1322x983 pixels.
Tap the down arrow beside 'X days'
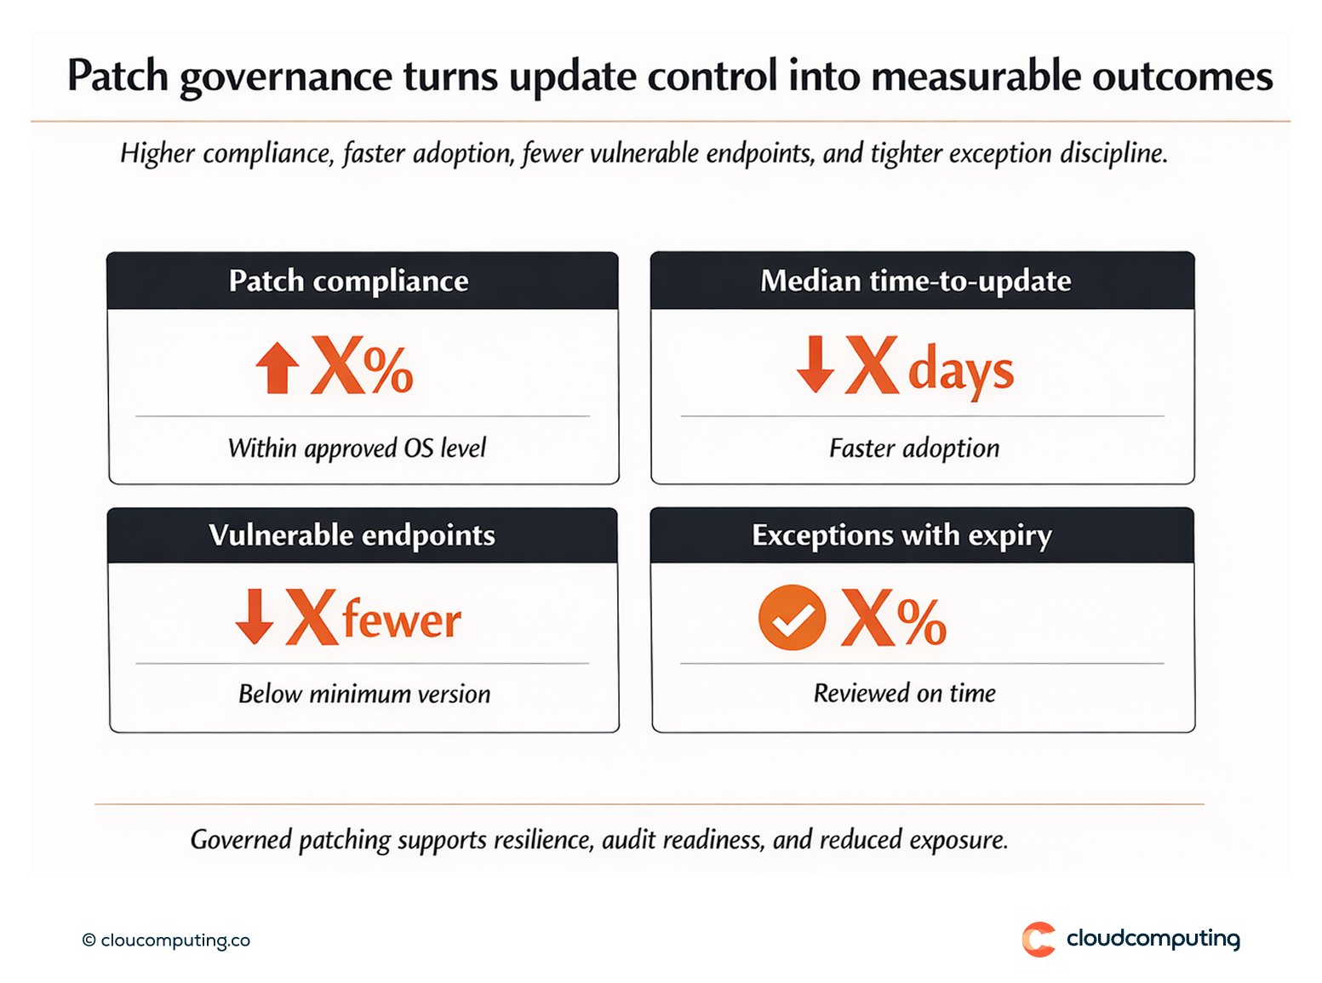point(815,364)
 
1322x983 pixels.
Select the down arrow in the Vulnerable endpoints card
point(254,616)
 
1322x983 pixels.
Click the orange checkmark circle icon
point(792,617)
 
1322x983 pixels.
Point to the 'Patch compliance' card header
point(348,281)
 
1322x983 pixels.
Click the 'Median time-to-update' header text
point(915,281)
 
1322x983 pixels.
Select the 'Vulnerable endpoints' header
point(352,535)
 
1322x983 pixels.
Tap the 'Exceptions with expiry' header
point(901,535)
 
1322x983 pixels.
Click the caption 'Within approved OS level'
point(357,449)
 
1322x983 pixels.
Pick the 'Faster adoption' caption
point(914,449)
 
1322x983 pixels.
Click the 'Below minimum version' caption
point(364,694)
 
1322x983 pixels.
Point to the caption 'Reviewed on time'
point(904,694)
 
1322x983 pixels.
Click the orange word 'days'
point(960,372)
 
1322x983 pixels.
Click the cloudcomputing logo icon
point(1039,939)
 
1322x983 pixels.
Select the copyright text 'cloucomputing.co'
point(175,940)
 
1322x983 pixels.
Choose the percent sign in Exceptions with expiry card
point(921,621)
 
